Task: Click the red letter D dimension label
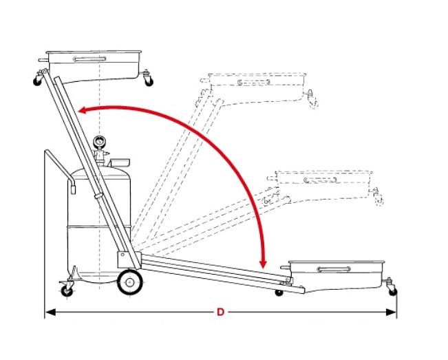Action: pos(220,312)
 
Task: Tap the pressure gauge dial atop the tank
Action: pos(98,141)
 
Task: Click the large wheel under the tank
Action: pos(130,282)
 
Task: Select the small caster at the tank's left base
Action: pos(67,291)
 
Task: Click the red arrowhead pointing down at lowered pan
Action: pos(263,264)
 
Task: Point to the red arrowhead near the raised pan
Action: pos(83,110)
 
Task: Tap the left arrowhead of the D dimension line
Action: pos(50,313)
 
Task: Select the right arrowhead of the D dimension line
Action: pos(391,313)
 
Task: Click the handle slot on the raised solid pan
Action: pos(89,59)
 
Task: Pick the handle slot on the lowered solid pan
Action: pos(334,269)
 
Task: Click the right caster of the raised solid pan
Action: pos(148,81)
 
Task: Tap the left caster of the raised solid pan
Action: pos(37,81)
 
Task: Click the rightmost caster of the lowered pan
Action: pos(393,291)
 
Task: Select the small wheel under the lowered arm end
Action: pos(279,293)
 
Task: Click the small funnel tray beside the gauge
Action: pos(120,162)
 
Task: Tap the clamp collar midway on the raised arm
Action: pos(98,196)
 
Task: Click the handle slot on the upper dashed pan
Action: pos(254,83)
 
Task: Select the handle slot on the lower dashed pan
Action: pos(320,180)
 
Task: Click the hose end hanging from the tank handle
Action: pos(73,189)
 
